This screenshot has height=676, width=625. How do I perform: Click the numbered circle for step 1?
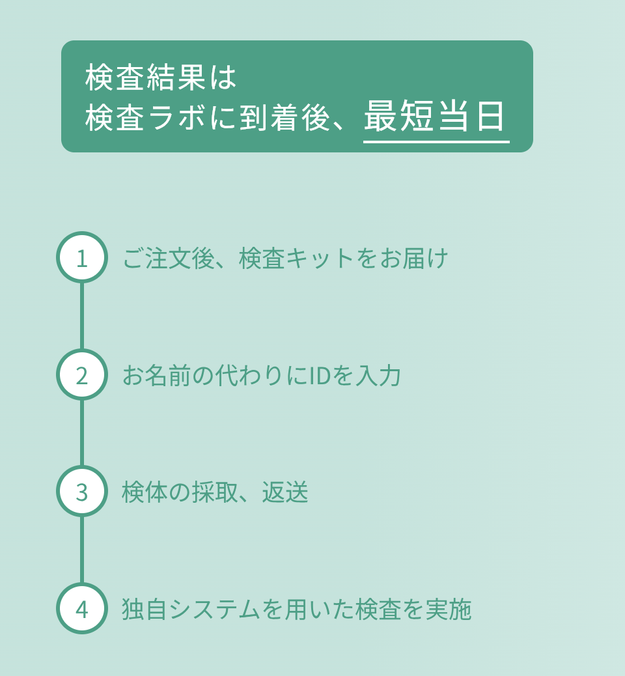[x=82, y=257]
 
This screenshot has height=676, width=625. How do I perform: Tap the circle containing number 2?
[x=82, y=374]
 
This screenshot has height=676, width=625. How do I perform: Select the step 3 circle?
[x=82, y=491]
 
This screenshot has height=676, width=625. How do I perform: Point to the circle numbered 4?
[x=82, y=608]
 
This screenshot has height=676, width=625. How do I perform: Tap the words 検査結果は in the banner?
[x=161, y=77]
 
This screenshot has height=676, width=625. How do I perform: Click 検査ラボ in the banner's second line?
[x=145, y=117]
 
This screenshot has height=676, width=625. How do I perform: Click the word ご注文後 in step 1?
[x=169, y=259]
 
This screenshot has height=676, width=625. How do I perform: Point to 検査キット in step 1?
[x=296, y=259]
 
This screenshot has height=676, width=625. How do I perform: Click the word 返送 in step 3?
[x=285, y=492]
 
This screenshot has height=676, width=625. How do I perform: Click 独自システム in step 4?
[x=191, y=609]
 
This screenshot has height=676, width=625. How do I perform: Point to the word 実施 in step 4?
[x=449, y=609]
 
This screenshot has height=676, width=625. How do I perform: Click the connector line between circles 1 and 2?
[x=82, y=316]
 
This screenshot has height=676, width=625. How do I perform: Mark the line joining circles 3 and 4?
[x=82, y=550]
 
